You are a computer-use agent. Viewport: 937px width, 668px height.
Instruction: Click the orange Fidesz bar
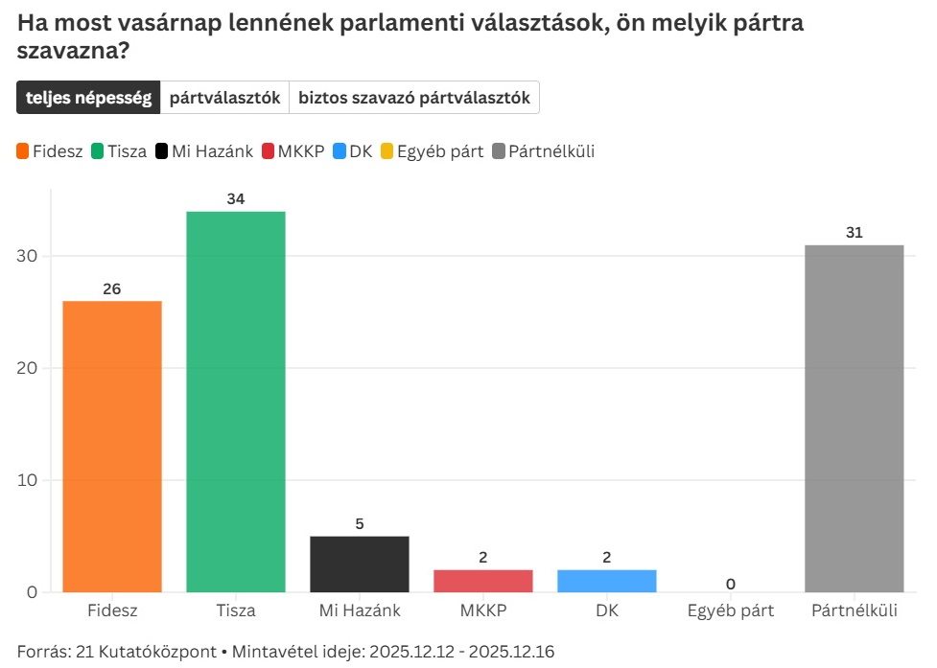click(112, 446)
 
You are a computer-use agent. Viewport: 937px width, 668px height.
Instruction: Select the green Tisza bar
click(236, 401)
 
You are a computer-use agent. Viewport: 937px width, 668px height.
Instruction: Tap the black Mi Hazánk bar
click(360, 564)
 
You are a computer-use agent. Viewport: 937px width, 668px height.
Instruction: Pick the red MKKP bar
click(483, 581)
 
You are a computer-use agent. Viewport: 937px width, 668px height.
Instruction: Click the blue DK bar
click(607, 581)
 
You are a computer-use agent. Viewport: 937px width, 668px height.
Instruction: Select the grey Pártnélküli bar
click(855, 418)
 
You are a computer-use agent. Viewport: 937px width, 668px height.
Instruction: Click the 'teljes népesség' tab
click(88, 98)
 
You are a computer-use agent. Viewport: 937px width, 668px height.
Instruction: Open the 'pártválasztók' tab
click(224, 98)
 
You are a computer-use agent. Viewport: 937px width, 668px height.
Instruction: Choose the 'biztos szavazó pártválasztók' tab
click(414, 98)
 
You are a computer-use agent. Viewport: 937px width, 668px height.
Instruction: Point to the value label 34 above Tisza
click(236, 199)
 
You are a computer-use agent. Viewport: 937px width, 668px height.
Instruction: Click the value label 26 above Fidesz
click(112, 288)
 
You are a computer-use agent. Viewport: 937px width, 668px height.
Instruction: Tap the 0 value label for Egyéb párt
click(731, 584)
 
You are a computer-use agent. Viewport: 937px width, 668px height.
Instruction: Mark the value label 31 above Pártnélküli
click(855, 233)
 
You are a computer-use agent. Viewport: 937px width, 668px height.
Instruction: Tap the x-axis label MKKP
click(483, 610)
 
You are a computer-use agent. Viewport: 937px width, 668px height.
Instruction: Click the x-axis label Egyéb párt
click(731, 610)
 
